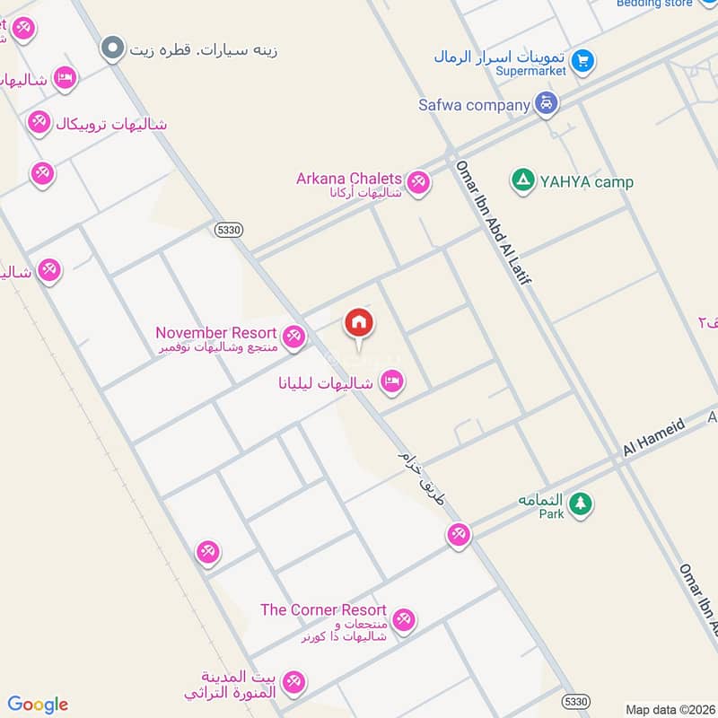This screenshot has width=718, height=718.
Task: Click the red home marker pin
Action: point(359,324)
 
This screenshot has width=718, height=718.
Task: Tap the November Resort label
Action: point(216,333)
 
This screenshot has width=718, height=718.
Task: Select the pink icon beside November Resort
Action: point(293,337)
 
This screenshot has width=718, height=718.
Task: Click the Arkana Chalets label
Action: point(349,179)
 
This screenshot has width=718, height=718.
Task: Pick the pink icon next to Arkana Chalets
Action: point(417,183)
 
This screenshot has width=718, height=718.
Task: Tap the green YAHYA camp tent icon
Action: point(521,181)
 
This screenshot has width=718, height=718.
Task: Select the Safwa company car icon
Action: point(546,105)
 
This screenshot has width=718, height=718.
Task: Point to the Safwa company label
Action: point(474,105)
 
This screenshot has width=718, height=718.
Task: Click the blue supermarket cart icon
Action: point(583,61)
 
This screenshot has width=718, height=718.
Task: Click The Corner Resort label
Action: point(323,610)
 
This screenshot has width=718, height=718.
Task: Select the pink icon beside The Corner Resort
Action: point(404,619)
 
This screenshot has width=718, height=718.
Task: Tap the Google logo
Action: point(38,705)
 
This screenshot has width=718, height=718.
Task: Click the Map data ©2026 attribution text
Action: point(669,710)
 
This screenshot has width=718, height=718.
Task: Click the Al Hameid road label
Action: point(654,433)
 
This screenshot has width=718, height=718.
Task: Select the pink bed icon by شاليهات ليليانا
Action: point(392,382)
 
